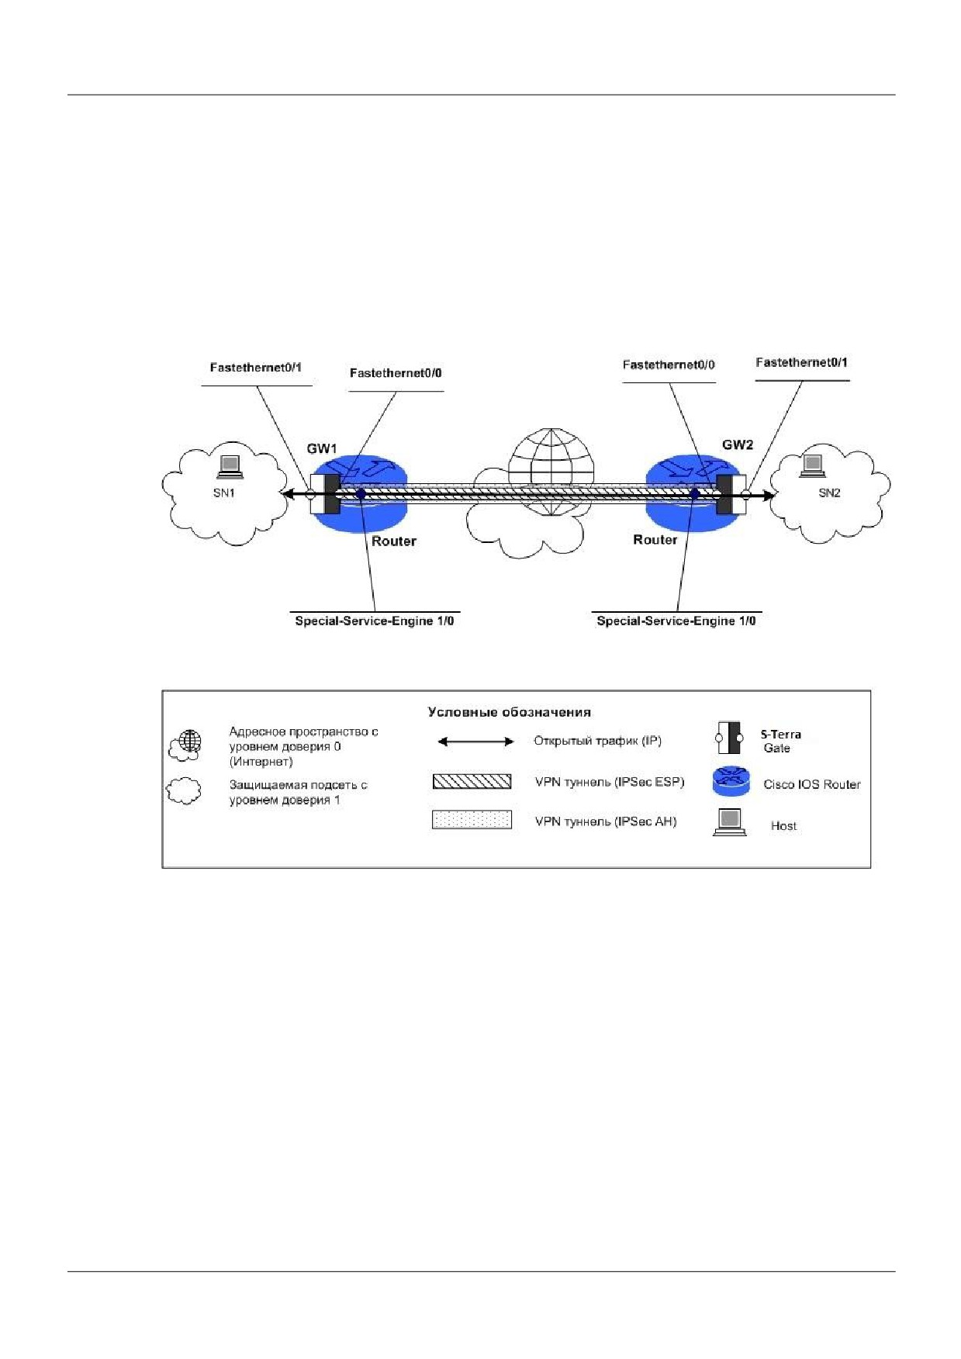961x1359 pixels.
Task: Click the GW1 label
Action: pyautogui.click(x=322, y=448)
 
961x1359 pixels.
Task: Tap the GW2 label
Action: pyautogui.click(x=738, y=445)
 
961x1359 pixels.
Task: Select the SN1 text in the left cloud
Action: pyautogui.click(x=224, y=493)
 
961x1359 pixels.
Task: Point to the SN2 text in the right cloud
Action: pyautogui.click(x=829, y=493)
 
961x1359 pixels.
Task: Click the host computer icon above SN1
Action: pyautogui.click(x=230, y=465)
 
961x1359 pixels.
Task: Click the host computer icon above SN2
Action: pyautogui.click(x=811, y=464)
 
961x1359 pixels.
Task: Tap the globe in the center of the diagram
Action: pyautogui.click(x=551, y=472)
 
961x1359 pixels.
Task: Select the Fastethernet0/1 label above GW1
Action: pyautogui.click(x=256, y=368)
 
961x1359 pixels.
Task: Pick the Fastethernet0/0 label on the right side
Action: pyautogui.click(x=669, y=365)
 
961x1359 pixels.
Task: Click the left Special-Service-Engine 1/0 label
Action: pyautogui.click(x=375, y=621)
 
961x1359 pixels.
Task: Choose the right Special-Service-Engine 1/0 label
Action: pyautogui.click(x=676, y=621)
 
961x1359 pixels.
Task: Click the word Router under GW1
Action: pyautogui.click(x=394, y=541)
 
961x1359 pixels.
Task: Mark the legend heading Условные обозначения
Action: pyautogui.click(x=510, y=712)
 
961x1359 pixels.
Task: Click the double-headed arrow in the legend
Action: pyautogui.click(x=475, y=742)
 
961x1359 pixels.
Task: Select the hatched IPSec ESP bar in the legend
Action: pyautogui.click(x=472, y=781)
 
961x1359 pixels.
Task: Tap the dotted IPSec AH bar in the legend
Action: pyautogui.click(x=472, y=820)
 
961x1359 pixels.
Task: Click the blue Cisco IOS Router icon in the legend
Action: pyautogui.click(x=731, y=781)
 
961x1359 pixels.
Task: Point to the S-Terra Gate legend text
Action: pyautogui.click(x=780, y=741)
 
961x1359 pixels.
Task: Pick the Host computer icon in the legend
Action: pyautogui.click(x=729, y=822)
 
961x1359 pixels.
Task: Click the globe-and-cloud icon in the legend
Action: pyautogui.click(x=185, y=745)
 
